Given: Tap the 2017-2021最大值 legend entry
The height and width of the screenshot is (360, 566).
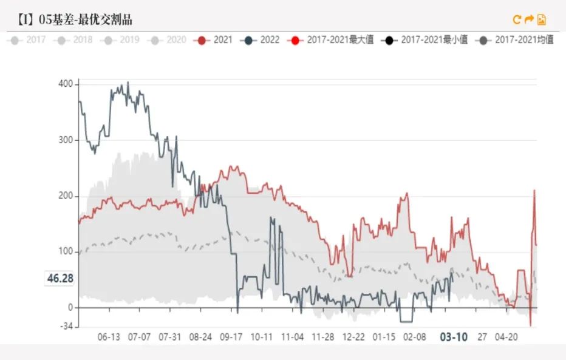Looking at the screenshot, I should click(x=332, y=40).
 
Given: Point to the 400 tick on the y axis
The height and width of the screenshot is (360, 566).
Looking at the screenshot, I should click(x=66, y=84).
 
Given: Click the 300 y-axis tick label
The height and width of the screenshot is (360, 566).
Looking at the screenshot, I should click(x=66, y=140).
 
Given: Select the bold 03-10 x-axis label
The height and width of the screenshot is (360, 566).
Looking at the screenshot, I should click(x=453, y=337).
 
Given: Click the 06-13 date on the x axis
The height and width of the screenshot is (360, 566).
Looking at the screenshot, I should click(x=109, y=337).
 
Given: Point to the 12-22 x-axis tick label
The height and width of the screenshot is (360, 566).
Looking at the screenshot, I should click(x=353, y=337).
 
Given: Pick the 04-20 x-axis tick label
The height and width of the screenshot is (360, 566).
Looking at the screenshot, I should click(x=506, y=337).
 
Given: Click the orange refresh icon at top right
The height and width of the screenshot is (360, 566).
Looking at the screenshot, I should click(x=517, y=19).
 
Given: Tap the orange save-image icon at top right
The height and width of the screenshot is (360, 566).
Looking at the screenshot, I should click(x=541, y=19).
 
